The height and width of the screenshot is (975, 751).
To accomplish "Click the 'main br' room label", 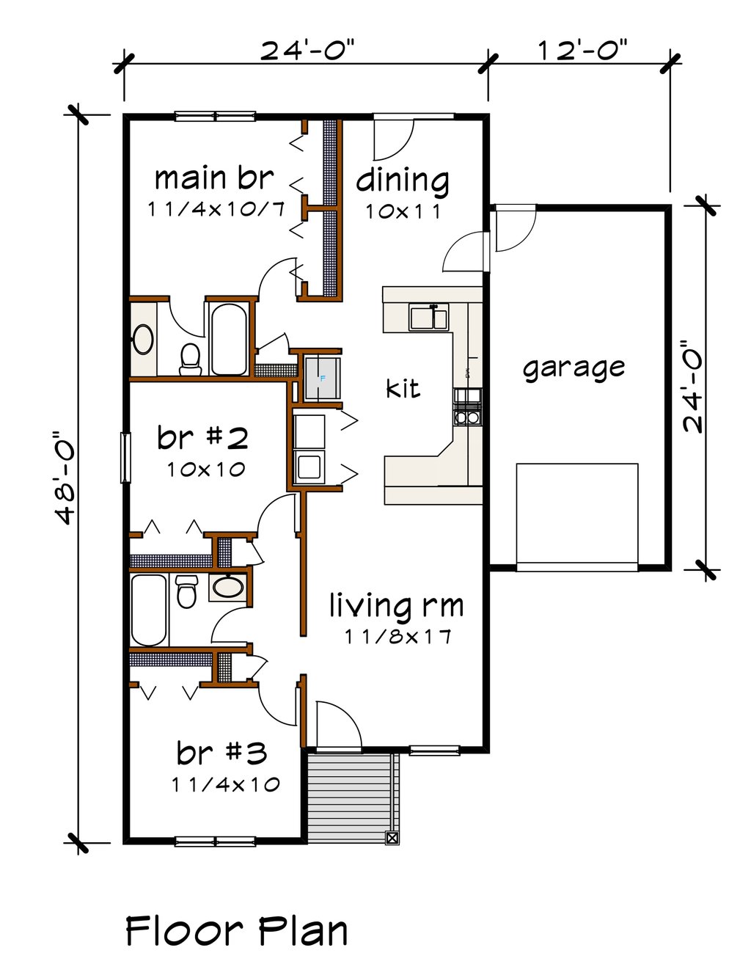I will tap(213, 178).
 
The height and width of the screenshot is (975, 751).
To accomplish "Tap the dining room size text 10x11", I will tap(403, 211).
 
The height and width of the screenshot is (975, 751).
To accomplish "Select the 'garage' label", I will tap(574, 368).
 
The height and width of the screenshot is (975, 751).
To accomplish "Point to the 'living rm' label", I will tap(396, 606).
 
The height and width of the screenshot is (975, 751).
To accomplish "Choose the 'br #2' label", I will tap(202, 438).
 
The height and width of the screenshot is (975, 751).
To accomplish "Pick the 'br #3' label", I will tap(221, 753).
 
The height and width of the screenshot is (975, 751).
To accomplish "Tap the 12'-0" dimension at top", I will tap(582, 51).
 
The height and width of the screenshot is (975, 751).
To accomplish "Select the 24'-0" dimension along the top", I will tap(307, 51).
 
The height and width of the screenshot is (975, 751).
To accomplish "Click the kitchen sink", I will tap(429, 318).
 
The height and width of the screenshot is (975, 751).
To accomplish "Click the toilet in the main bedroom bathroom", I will tap(191, 357).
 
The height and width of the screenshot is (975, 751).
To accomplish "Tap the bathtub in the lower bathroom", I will tap(149, 608).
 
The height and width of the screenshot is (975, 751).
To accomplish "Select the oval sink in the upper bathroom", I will tap(142, 340).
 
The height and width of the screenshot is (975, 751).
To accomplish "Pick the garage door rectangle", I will tap(576, 513).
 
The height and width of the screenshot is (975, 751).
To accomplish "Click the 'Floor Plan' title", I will tap(236, 931).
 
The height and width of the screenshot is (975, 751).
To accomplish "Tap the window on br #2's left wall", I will tap(125, 458).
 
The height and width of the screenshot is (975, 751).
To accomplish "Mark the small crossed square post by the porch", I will tap(392, 838).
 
